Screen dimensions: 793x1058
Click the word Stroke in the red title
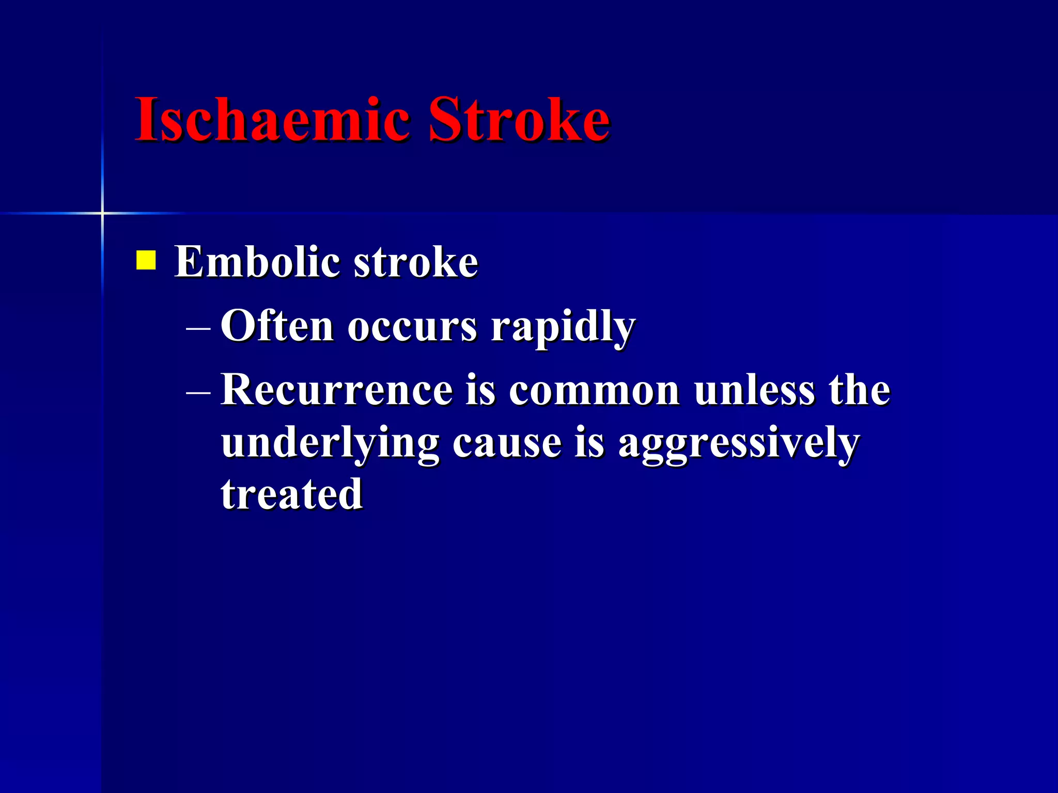(x=519, y=120)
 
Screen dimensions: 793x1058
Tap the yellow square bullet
(x=146, y=260)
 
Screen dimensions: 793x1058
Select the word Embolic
(x=257, y=262)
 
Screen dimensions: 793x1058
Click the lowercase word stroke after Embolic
(x=416, y=263)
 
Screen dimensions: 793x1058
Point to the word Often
(x=277, y=326)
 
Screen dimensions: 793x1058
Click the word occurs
(x=412, y=327)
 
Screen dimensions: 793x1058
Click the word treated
(x=292, y=495)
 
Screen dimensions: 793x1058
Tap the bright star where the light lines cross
(x=102, y=213)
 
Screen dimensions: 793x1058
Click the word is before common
(x=480, y=390)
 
